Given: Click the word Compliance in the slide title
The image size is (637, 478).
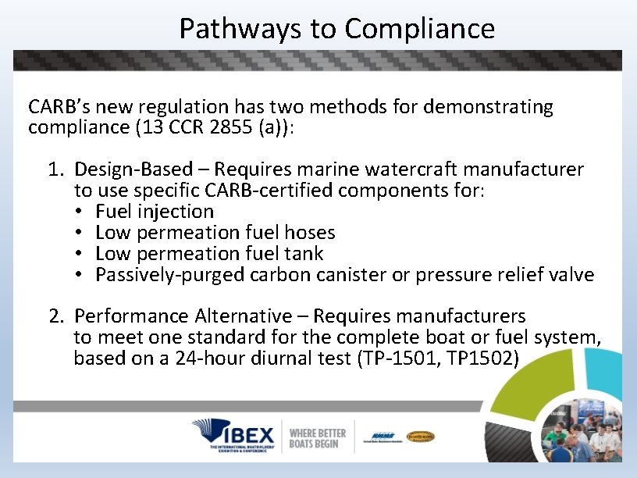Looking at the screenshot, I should pos(419,29).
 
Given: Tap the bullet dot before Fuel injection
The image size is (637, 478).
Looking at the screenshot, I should pos(80,212).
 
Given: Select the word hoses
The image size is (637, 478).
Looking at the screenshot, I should pos(311,233).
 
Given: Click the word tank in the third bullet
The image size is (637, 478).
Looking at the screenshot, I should pos(305,254).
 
